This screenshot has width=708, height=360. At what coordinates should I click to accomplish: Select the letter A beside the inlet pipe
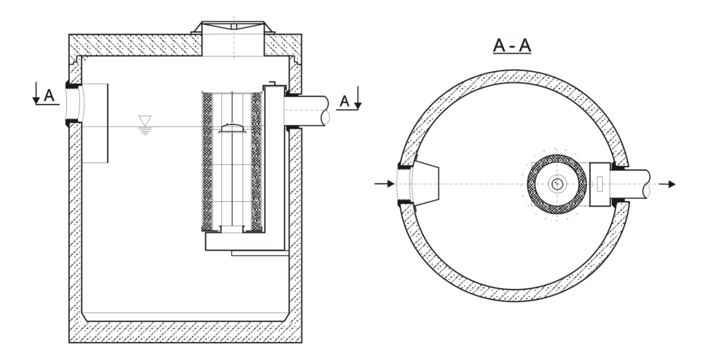click(49, 95)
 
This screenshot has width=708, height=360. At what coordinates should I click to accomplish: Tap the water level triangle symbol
click(145, 122)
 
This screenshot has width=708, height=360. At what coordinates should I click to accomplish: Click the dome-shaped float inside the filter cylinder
click(232, 129)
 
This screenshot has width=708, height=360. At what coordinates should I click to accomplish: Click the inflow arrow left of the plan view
click(382, 184)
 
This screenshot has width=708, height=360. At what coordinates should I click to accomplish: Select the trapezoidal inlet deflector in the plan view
click(427, 183)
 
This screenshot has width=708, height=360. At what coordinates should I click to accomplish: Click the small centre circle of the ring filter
click(557, 184)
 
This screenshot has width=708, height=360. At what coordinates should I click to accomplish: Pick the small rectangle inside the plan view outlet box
click(600, 184)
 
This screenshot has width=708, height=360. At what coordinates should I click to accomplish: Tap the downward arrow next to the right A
click(357, 102)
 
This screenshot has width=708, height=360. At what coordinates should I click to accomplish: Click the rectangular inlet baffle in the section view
click(95, 123)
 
